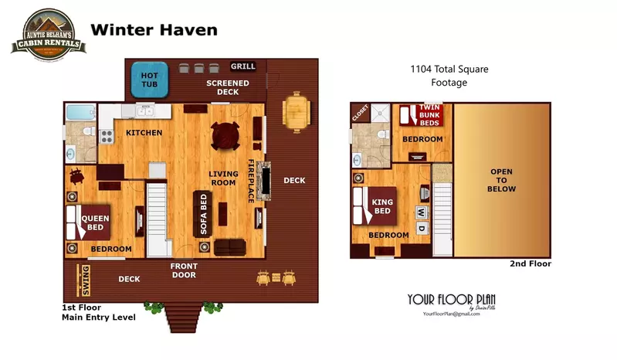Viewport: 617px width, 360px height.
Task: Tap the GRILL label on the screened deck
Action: pos(243,66)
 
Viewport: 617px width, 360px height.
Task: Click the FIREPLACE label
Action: pos(251,181)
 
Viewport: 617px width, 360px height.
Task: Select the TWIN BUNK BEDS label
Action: pos(429,115)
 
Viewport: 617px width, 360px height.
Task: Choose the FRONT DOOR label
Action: pos(183,270)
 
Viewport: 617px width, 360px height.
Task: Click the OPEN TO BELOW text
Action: pos(502,180)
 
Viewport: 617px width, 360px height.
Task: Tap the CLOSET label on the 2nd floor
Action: pos(360,113)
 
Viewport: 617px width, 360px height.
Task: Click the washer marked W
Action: pos(421,211)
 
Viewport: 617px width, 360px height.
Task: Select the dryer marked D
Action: pos(422,229)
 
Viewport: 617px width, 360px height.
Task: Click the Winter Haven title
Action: pos(154,30)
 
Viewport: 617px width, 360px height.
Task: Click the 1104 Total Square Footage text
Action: pos(449,76)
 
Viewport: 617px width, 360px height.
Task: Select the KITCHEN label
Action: pos(144,133)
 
